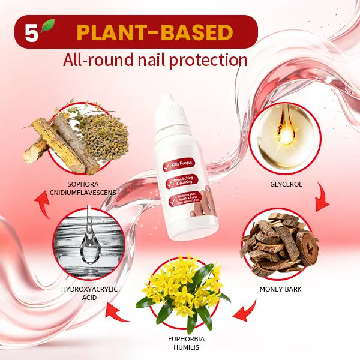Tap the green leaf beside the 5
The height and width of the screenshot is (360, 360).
(x=47, y=26)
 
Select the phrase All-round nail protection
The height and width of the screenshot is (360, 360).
(x=155, y=59)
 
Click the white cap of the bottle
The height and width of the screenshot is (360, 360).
(x=174, y=107)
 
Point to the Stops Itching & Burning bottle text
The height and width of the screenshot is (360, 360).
(x=184, y=185)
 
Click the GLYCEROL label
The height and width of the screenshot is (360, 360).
(x=283, y=184)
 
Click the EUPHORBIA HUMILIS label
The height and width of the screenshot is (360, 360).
(x=182, y=343)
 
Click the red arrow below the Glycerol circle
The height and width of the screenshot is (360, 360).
(x=322, y=200)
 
